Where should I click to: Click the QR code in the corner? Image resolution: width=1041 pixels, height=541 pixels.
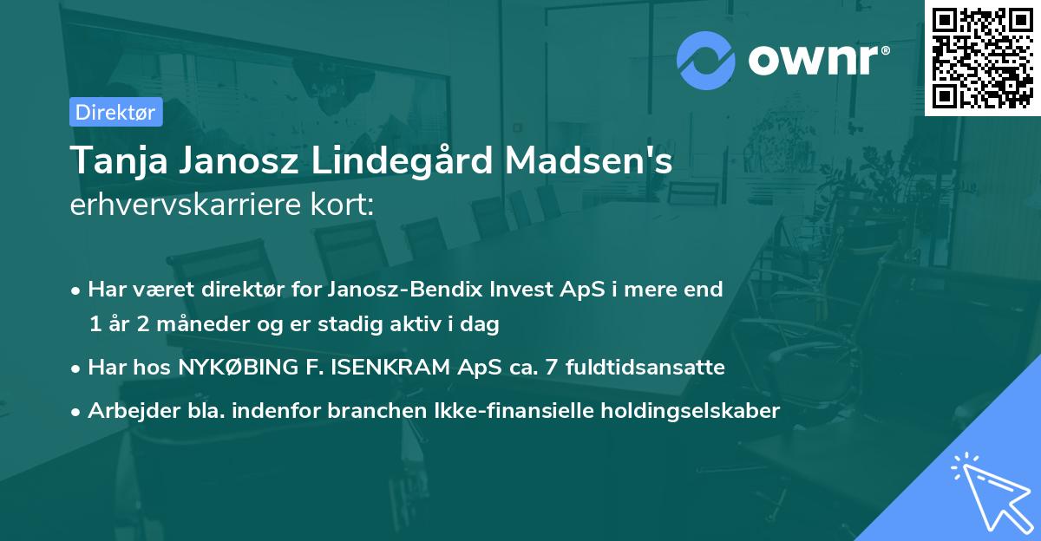[983, 57]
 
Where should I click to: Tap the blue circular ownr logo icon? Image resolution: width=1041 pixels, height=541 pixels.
[706, 61]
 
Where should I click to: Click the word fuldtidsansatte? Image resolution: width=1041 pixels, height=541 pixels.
[645, 368]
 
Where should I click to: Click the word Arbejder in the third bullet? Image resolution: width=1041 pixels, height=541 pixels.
[128, 411]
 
